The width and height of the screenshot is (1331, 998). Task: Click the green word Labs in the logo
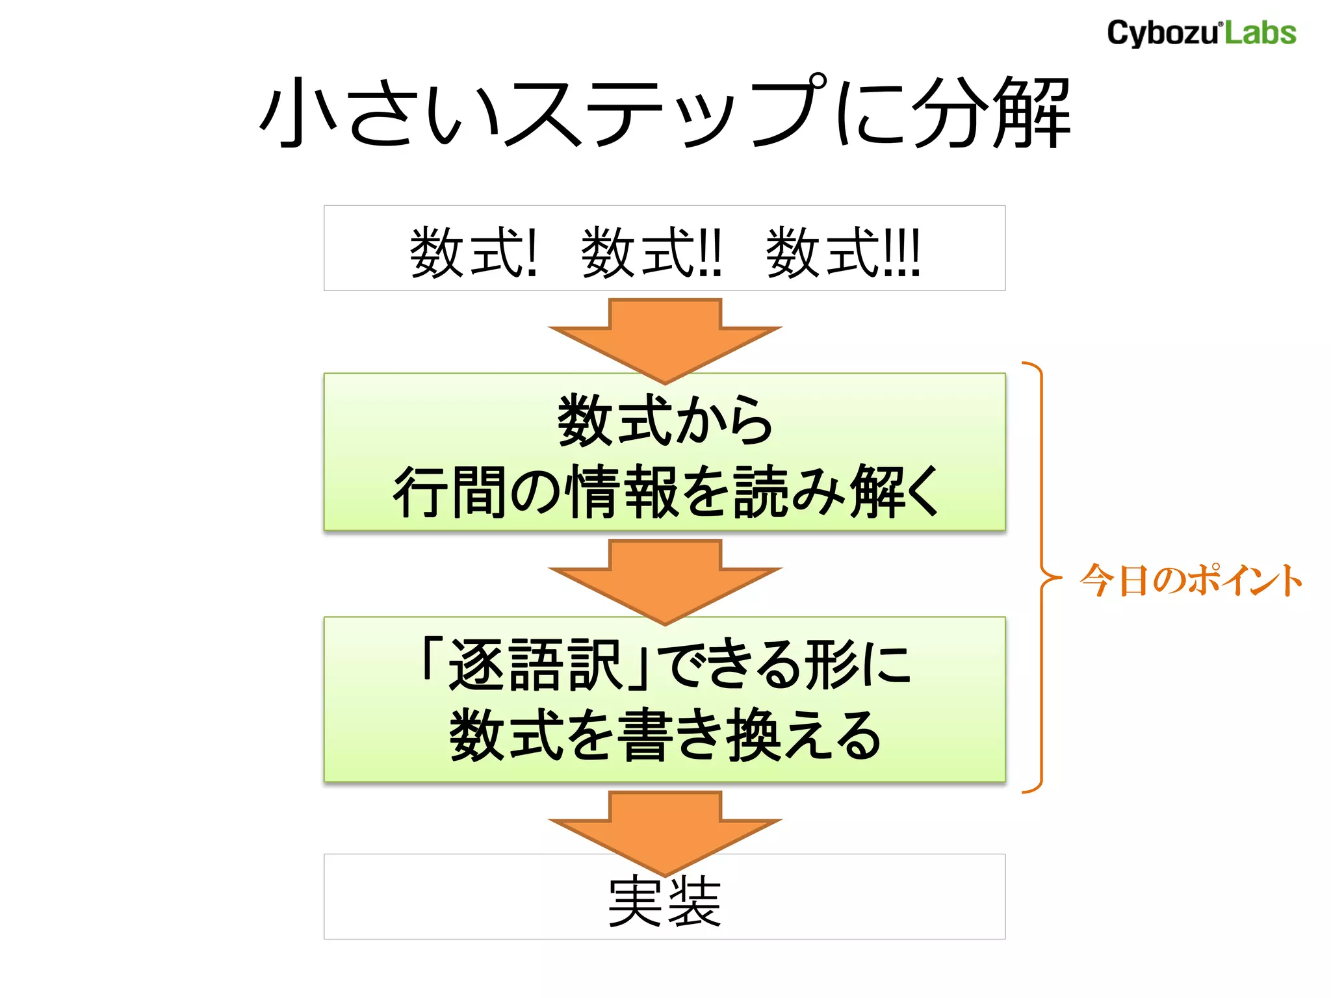1260,33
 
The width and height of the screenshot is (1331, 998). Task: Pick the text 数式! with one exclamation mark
474,252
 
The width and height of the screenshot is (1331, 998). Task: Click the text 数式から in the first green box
665,420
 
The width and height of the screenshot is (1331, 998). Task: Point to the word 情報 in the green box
624,492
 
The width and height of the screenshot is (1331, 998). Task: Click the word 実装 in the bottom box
665,901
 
